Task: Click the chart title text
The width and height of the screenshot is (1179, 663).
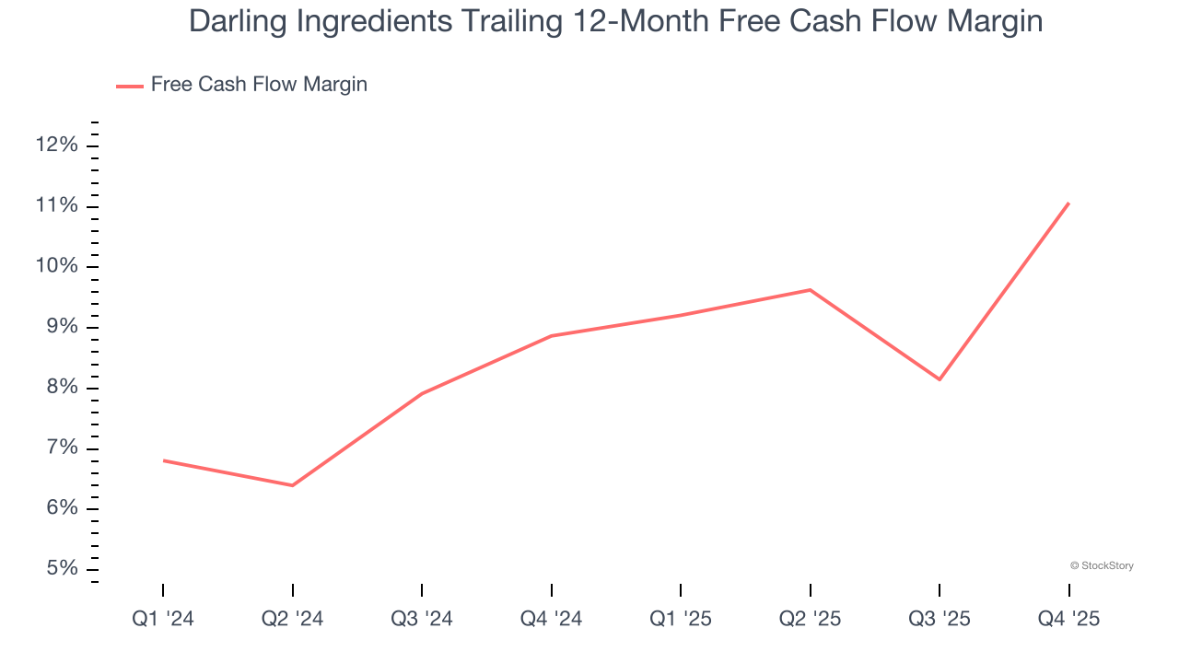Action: pyautogui.click(x=615, y=20)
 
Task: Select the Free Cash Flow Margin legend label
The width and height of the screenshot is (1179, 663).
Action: pyautogui.click(x=259, y=85)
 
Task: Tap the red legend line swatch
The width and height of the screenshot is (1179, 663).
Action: pyautogui.click(x=129, y=86)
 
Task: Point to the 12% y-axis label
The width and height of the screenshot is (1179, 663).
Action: pyautogui.click(x=57, y=145)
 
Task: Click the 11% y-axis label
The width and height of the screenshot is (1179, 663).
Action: pyautogui.click(x=57, y=205)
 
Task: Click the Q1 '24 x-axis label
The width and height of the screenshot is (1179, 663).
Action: pyautogui.click(x=163, y=619)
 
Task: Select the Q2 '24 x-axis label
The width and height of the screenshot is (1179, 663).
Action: pyautogui.click(x=292, y=619)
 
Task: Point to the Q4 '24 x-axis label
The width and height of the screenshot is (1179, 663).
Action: pyautogui.click(x=551, y=619)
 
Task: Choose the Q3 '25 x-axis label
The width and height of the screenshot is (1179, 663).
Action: pyautogui.click(x=940, y=619)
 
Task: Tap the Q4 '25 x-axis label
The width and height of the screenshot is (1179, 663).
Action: pyautogui.click(x=1068, y=619)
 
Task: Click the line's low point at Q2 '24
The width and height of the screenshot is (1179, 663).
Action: pyautogui.click(x=292, y=485)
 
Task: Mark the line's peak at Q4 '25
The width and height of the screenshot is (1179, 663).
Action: pyautogui.click(x=1068, y=203)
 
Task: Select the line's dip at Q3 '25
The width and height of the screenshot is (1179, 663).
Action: pyautogui.click(x=940, y=379)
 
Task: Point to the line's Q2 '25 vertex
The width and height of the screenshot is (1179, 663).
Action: pyautogui.click(x=810, y=290)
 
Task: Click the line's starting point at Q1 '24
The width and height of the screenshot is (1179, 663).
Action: pyautogui.click(x=163, y=460)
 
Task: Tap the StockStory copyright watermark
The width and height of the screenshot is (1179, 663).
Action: pyautogui.click(x=1102, y=565)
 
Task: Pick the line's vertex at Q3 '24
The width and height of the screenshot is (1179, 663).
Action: pyautogui.click(x=422, y=394)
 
